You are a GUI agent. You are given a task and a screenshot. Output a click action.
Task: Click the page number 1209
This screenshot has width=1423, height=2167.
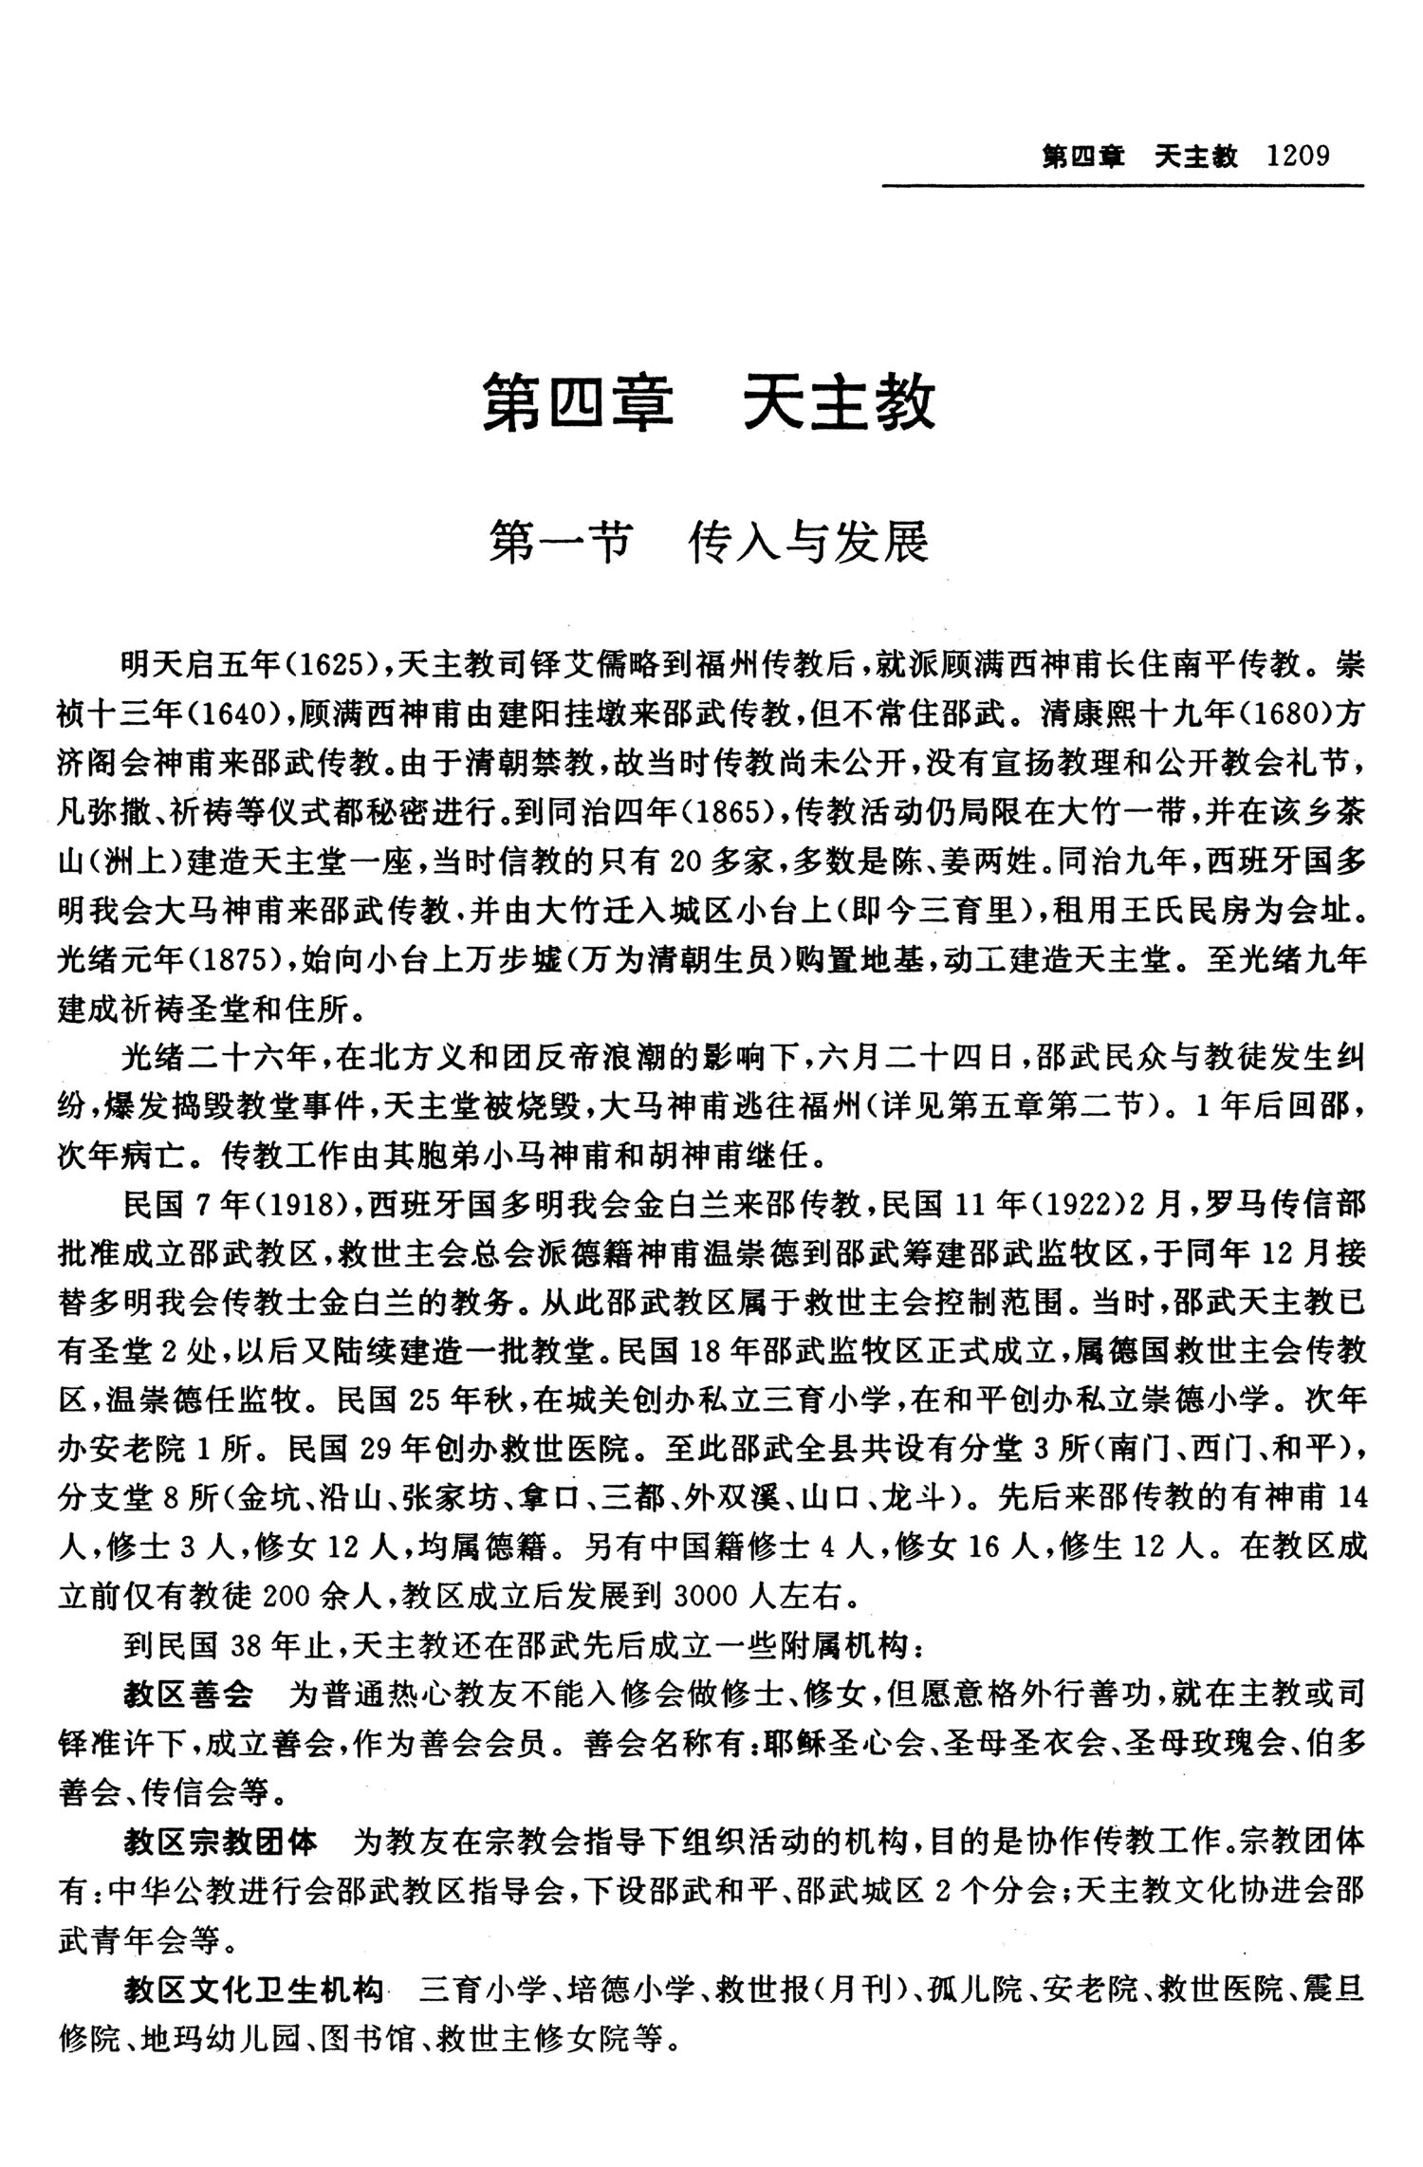1300,156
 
